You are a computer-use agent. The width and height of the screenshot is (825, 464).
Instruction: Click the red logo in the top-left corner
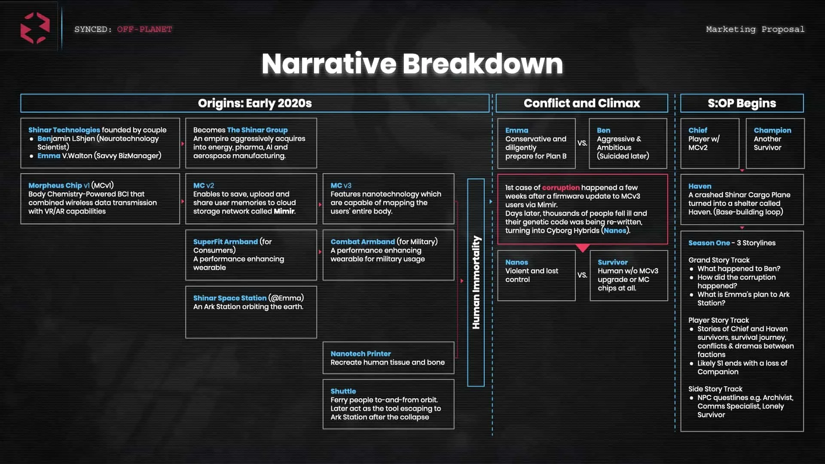(x=35, y=28)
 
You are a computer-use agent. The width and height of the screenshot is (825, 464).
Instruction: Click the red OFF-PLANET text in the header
(x=144, y=29)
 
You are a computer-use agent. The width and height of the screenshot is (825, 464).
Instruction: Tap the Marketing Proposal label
(x=755, y=29)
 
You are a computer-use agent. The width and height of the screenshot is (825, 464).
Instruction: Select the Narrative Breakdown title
(x=412, y=64)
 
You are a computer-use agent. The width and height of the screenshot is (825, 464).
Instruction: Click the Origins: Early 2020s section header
(x=255, y=103)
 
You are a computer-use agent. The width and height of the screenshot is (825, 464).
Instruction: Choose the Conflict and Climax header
(x=582, y=103)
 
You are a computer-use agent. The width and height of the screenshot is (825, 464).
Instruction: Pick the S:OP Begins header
(x=742, y=103)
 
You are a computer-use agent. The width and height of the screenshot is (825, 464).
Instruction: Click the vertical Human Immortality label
(x=476, y=282)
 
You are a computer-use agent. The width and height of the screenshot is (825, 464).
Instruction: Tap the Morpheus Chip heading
(x=55, y=185)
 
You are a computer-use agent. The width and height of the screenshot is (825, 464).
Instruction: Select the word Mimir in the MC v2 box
(x=284, y=211)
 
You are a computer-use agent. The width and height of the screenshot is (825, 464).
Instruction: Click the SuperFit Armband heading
(x=225, y=241)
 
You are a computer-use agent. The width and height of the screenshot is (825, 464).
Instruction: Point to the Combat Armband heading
(x=362, y=241)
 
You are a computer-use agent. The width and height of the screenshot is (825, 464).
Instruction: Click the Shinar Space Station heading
(x=229, y=298)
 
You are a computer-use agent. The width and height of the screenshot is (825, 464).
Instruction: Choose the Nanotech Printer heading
(x=361, y=354)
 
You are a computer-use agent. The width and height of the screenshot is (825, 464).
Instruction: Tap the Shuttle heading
(x=343, y=391)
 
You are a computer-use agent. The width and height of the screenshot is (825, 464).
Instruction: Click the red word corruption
(x=561, y=187)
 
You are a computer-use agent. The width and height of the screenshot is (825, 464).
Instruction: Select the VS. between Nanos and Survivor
(x=582, y=275)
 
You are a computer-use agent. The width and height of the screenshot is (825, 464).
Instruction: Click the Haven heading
(x=700, y=186)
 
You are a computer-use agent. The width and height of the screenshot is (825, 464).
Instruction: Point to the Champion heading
(x=772, y=130)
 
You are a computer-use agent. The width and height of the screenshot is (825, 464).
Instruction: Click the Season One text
(x=709, y=243)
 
